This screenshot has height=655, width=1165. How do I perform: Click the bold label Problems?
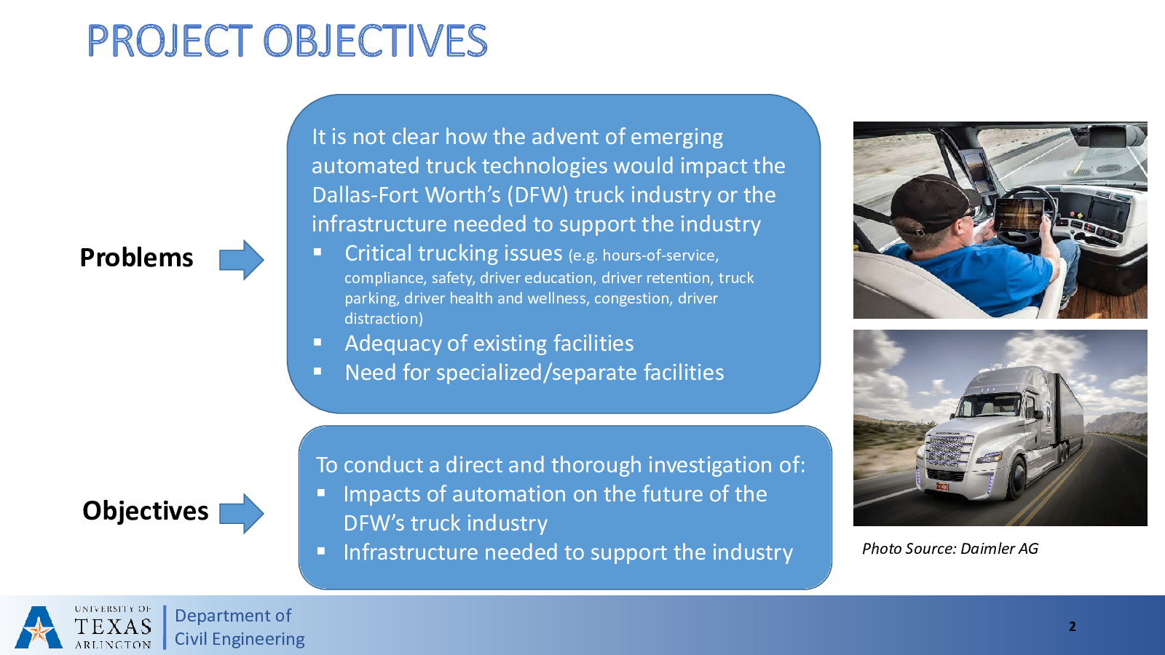click(136, 258)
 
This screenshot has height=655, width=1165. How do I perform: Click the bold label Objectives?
click(145, 510)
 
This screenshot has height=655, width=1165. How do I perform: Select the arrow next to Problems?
click(241, 260)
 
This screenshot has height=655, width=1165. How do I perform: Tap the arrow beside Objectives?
click(241, 514)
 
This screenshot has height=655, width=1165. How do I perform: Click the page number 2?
click(1072, 627)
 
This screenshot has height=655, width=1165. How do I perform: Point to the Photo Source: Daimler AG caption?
click(950, 549)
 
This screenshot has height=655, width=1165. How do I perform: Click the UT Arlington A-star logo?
click(39, 627)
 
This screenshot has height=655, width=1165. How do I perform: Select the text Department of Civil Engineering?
click(240, 627)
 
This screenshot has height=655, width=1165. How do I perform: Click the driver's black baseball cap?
click(931, 203)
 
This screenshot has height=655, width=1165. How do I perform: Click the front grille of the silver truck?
click(947, 450)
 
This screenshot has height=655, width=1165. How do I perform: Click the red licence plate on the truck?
click(942, 487)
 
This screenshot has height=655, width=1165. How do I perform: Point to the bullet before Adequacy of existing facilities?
click(317, 342)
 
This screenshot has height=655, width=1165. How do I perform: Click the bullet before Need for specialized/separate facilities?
click(317, 371)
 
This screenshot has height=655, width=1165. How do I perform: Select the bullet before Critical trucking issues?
click(317, 252)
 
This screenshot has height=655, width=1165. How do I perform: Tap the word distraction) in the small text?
click(384, 318)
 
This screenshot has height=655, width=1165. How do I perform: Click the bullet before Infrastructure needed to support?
click(321, 551)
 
